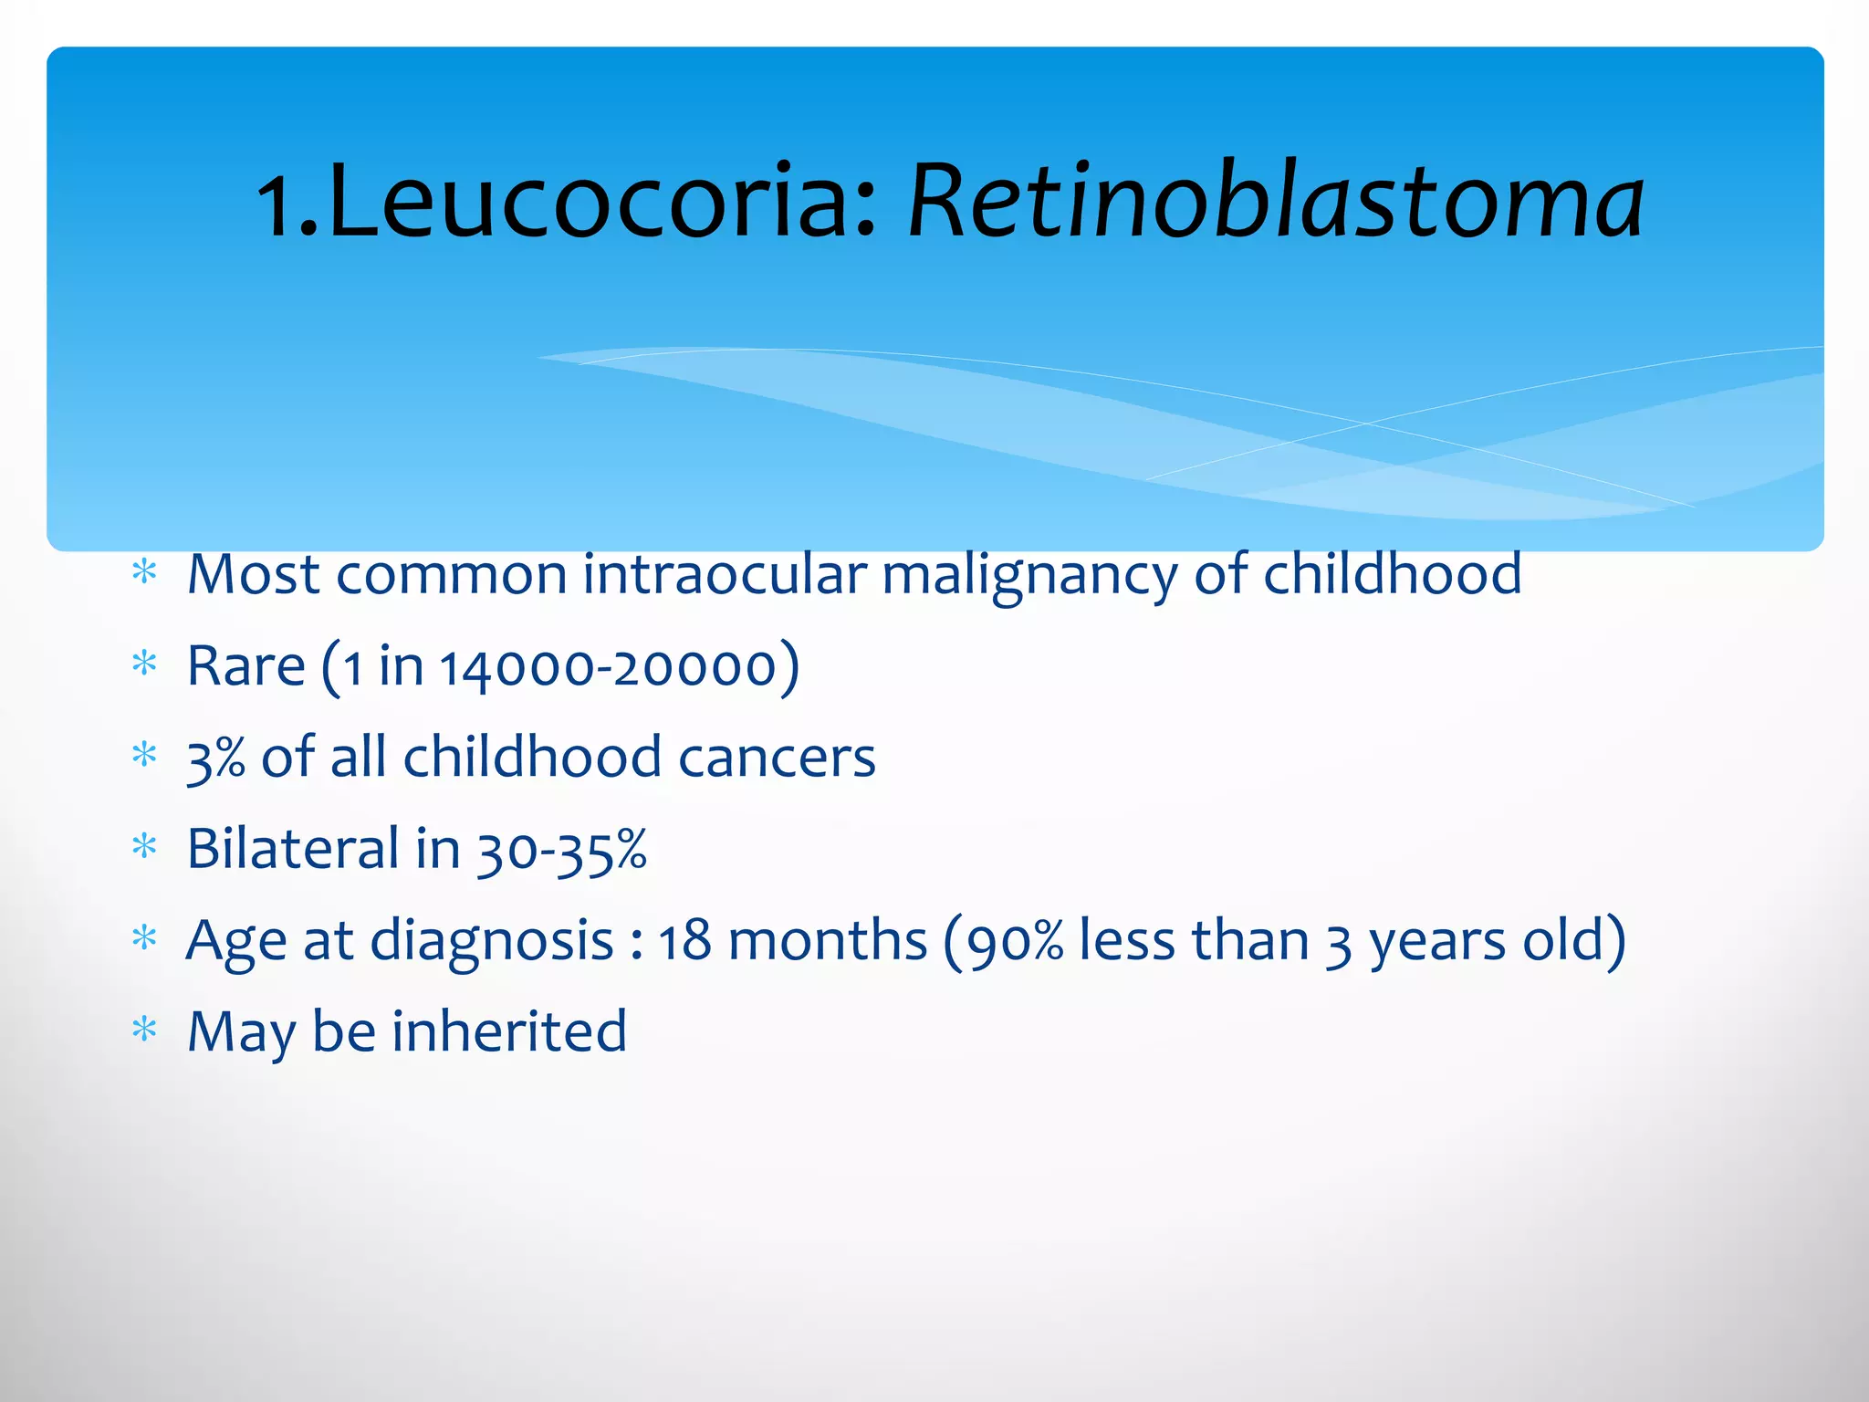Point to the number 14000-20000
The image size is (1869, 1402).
607,666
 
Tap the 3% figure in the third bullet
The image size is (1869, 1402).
215,758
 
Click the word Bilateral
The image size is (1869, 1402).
293,848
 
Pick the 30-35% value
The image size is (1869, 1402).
562,850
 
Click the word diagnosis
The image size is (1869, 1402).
492,940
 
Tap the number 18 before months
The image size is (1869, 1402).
684,940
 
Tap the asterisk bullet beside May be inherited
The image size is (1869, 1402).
145,1030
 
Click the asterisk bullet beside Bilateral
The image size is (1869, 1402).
145,846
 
